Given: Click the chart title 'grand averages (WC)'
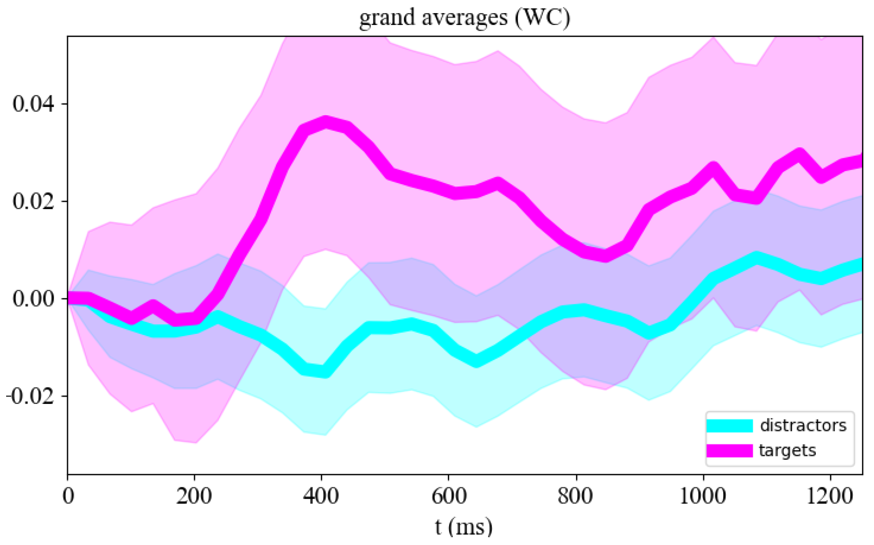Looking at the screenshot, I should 464,18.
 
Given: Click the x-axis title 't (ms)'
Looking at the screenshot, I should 463,527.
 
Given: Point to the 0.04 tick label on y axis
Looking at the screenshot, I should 33,104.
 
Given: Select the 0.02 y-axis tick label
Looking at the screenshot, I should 33,201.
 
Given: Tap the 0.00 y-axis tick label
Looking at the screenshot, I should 33,299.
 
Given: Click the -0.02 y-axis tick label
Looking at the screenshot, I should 30,396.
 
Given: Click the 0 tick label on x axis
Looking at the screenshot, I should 68,496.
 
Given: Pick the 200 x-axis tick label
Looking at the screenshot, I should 194,496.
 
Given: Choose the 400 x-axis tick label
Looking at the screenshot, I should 321,496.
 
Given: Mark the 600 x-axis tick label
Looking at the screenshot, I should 449,496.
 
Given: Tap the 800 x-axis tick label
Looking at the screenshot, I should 576,496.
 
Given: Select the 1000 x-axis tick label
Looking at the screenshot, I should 703,496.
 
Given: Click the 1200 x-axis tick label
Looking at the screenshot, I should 830,496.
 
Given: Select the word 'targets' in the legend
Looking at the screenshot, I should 787,450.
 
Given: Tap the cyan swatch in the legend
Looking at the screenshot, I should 729,426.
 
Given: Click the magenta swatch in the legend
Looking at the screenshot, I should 729,451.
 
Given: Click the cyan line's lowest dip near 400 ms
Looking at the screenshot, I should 325,372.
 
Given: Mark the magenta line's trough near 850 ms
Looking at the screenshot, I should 606,256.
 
